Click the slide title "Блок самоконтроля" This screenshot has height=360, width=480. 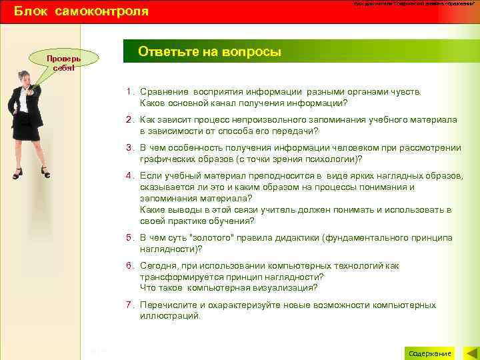pos(81,11)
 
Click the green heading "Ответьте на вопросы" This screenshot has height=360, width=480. pos(209,52)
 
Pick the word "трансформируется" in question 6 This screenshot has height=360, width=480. pos(179,277)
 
